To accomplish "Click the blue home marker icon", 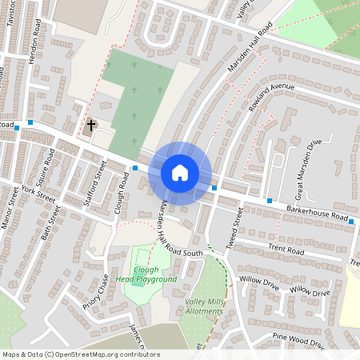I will tap(180, 173).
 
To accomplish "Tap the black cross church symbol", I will tap(91, 125).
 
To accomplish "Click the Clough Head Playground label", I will tap(146, 274).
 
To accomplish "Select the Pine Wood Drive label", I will tap(298, 340).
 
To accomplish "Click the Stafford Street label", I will tap(95, 183).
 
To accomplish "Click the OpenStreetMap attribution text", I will tap(80, 354).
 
